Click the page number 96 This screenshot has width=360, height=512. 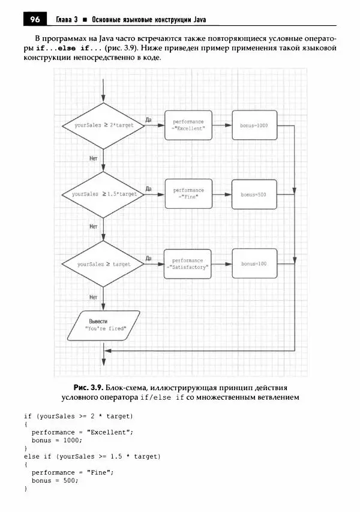34,19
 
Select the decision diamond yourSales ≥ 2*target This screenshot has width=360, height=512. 104,125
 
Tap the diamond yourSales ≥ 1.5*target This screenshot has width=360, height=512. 104,194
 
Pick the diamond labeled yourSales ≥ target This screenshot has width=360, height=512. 104,264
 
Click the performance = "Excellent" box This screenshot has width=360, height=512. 188,125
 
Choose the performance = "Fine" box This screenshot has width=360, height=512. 188,194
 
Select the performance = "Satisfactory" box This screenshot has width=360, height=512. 188,264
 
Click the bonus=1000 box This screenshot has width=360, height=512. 254,125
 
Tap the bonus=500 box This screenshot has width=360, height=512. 254,194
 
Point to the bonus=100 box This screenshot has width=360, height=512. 254,264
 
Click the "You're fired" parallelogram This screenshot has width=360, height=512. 104,325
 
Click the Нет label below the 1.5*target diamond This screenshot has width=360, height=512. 93,226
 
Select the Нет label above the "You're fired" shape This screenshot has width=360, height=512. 93,297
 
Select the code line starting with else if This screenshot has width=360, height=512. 92,456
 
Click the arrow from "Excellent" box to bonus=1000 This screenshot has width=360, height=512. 221,125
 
